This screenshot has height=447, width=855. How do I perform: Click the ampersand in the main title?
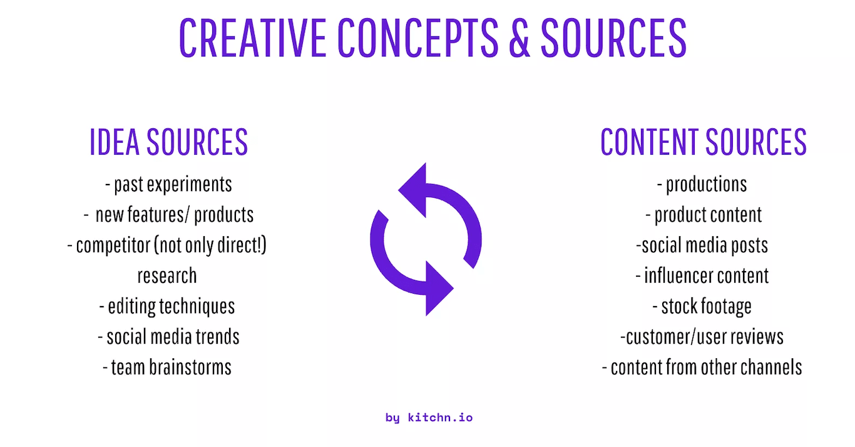520,38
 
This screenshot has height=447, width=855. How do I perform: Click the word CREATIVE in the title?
252,38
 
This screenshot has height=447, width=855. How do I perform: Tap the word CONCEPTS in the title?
417,38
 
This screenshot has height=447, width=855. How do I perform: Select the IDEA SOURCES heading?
169,142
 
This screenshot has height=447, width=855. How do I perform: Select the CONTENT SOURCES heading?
704,142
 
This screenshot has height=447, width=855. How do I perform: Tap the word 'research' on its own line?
167,275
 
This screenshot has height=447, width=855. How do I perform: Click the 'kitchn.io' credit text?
440,417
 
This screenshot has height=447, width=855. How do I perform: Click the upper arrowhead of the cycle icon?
415,190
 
